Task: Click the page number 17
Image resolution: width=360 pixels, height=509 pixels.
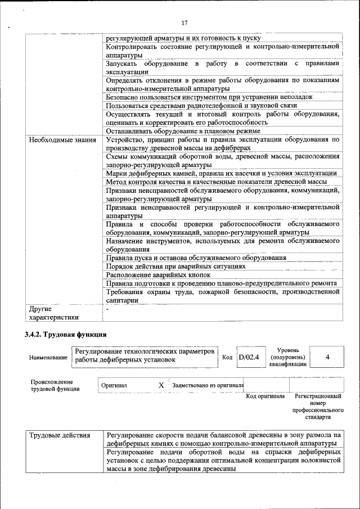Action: coord(184,23)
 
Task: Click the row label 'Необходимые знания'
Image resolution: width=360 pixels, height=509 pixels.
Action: coord(62,139)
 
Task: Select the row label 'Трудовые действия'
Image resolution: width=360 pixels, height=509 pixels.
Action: coord(59,435)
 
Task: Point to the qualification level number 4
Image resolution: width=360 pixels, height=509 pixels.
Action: coord(327,357)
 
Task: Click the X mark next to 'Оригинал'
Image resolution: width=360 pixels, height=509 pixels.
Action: coord(161,385)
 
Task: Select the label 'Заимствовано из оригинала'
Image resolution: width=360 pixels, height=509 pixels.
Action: coord(208,385)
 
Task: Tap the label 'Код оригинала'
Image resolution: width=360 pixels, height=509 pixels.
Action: coord(265,397)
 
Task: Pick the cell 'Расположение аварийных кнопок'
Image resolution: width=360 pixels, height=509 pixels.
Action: coord(158,275)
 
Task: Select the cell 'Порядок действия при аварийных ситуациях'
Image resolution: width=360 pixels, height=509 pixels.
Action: coord(175,266)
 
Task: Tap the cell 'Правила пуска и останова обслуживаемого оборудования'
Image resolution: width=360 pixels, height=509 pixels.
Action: coord(196,258)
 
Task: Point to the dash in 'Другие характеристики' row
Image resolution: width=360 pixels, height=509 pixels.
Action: coord(107,309)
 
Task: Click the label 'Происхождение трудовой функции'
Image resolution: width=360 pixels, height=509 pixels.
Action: coord(55,385)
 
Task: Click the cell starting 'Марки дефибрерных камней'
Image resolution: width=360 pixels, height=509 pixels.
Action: coord(221,174)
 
